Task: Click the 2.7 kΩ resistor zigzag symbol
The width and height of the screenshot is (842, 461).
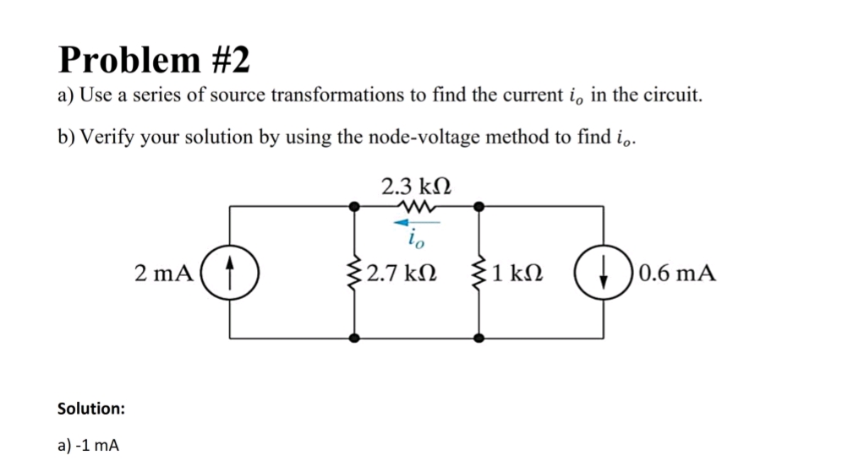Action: [354, 273]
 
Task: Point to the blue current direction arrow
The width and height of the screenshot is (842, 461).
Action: [417, 222]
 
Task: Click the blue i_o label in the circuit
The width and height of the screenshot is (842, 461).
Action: [416, 239]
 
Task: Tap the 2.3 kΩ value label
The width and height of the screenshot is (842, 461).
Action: [416, 187]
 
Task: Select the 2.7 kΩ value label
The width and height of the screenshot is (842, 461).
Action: [402, 274]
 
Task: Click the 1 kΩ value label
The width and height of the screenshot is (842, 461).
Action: [517, 274]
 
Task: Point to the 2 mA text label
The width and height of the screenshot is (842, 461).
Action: [164, 274]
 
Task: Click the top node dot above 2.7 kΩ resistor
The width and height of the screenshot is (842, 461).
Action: [354, 206]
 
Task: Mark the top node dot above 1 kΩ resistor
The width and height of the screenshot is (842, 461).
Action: [479, 206]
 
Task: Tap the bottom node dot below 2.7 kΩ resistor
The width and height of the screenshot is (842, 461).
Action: [354, 339]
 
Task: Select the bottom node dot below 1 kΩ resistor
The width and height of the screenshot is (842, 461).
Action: [479, 339]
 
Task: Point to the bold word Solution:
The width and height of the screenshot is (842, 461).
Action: [91, 409]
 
